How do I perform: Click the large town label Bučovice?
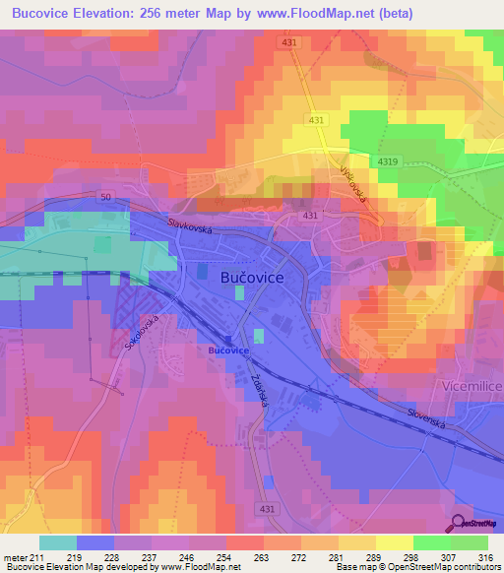point(247,279)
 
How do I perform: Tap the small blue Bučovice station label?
point(228,350)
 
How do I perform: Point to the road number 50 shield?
point(105,197)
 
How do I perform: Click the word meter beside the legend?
point(14,556)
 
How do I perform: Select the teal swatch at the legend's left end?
point(57,542)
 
